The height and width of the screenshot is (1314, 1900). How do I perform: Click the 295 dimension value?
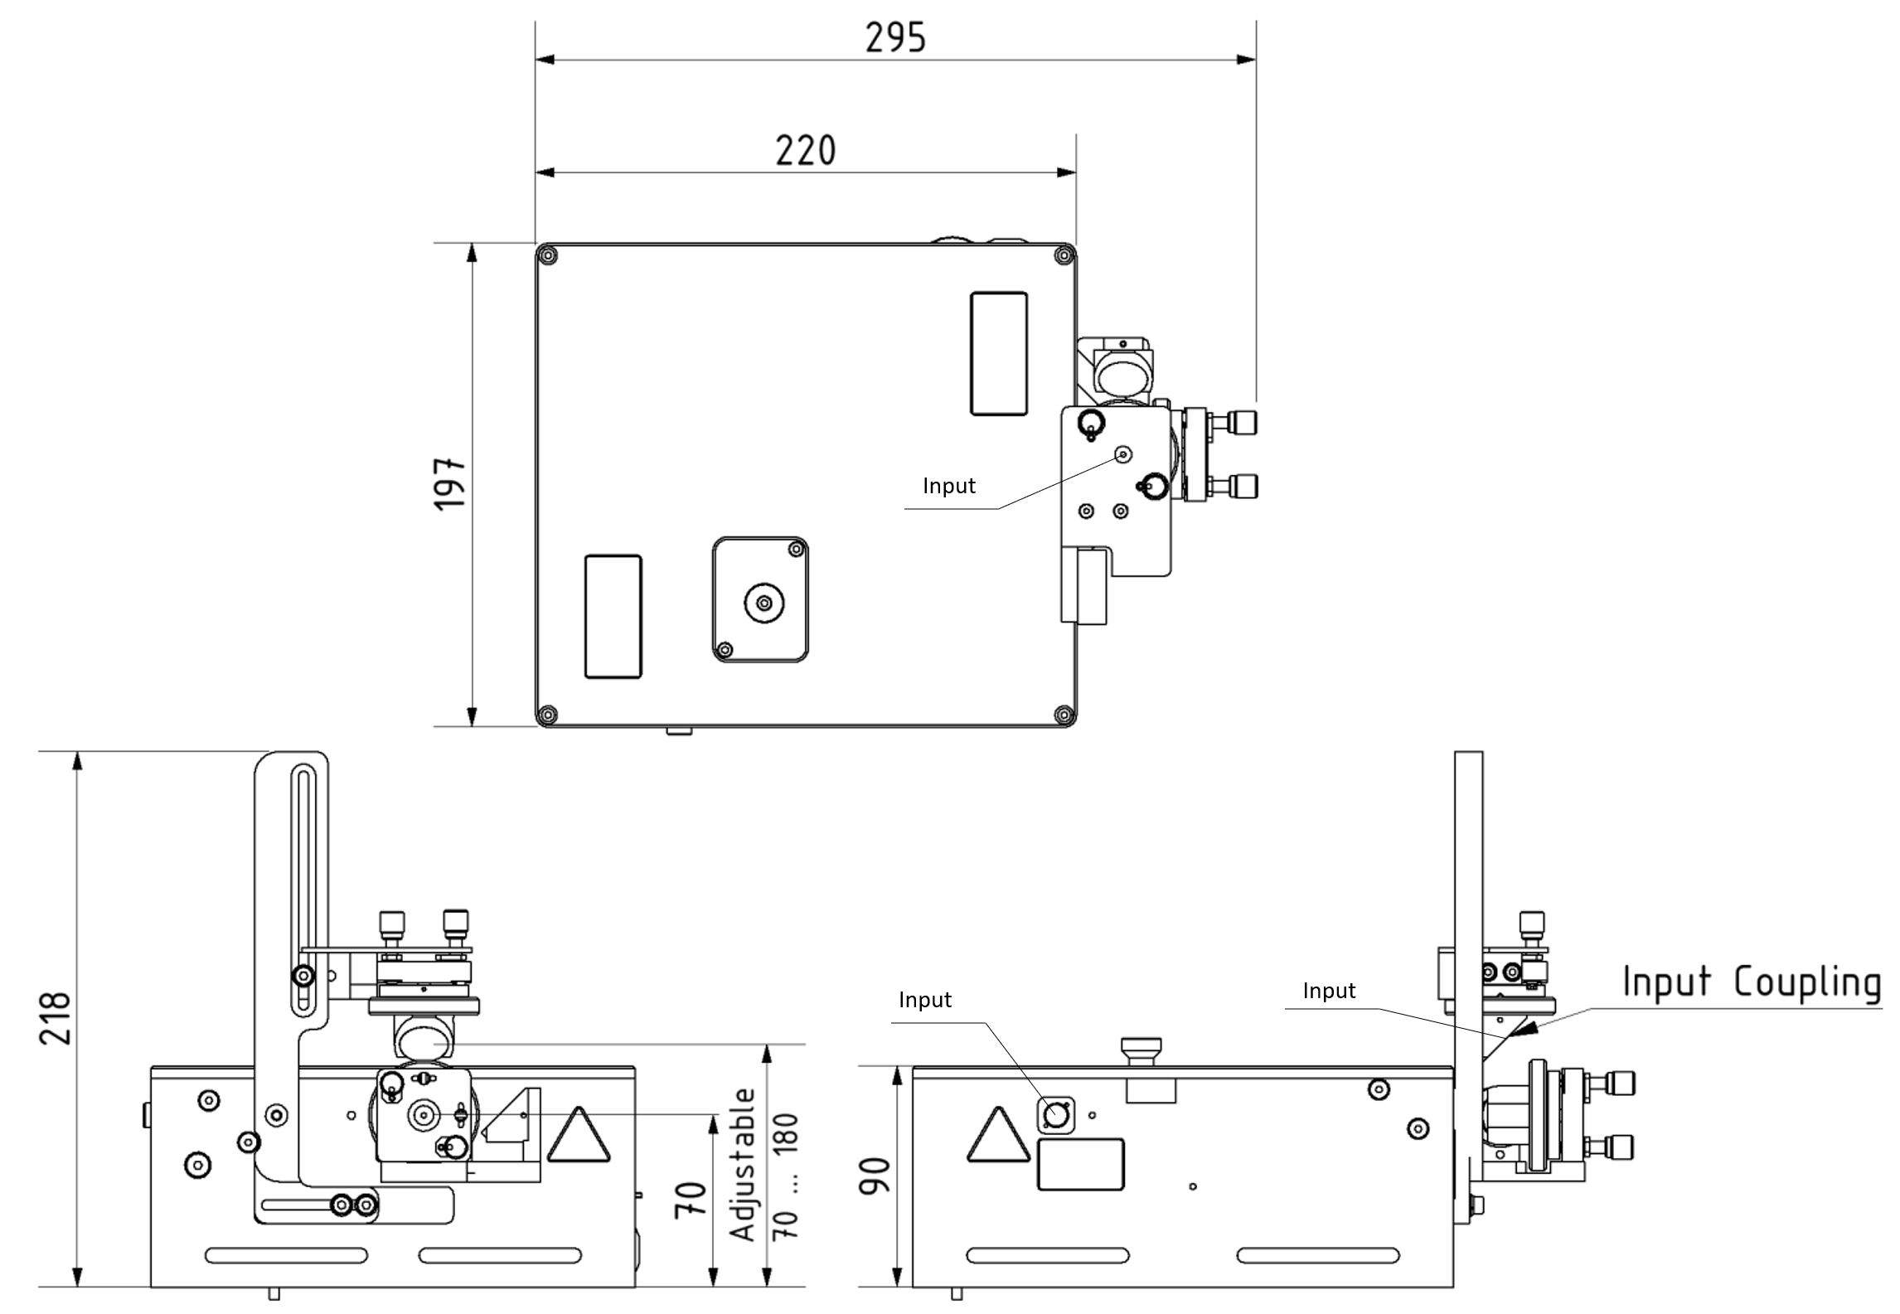[x=895, y=38]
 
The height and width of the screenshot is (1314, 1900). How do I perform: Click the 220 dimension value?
[x=805, y=151]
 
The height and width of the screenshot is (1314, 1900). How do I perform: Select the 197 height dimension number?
[x=451, y=482]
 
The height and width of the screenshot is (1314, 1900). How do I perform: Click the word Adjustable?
[x=744, y=1164]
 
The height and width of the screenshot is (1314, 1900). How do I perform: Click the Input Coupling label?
[x=1751, y=982]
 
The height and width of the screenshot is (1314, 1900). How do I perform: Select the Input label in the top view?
[x=948, y=486]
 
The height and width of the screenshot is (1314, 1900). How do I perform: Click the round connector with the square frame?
[x=1055, y=1115]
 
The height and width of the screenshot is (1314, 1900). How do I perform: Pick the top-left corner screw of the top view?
[x=546, y=255]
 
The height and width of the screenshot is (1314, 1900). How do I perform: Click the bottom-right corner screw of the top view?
[x=1064, y=714]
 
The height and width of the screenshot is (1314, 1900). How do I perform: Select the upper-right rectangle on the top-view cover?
[x=998, y=353]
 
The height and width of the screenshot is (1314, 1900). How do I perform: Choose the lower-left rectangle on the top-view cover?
[x=613, y=616]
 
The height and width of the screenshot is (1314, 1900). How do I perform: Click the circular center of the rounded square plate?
[x=763, y=602]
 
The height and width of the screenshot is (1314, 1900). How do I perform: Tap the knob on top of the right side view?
[x=1140, y=1054]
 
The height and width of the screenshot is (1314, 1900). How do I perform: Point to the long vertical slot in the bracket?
[x=303, y=891]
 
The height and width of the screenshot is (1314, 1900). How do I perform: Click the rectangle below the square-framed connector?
[x=1081, y=1165]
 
